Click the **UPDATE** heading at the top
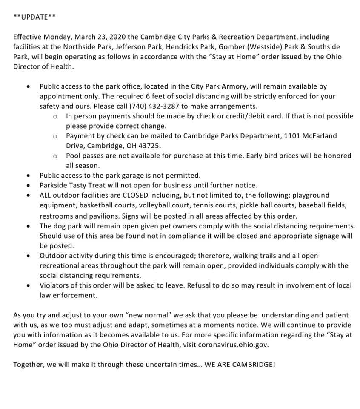coord(34,17)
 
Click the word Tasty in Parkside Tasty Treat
coord(83,185)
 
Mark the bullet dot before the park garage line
coord(28,176)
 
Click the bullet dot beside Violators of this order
coord(28,285)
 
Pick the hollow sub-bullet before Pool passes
coord(55,156)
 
